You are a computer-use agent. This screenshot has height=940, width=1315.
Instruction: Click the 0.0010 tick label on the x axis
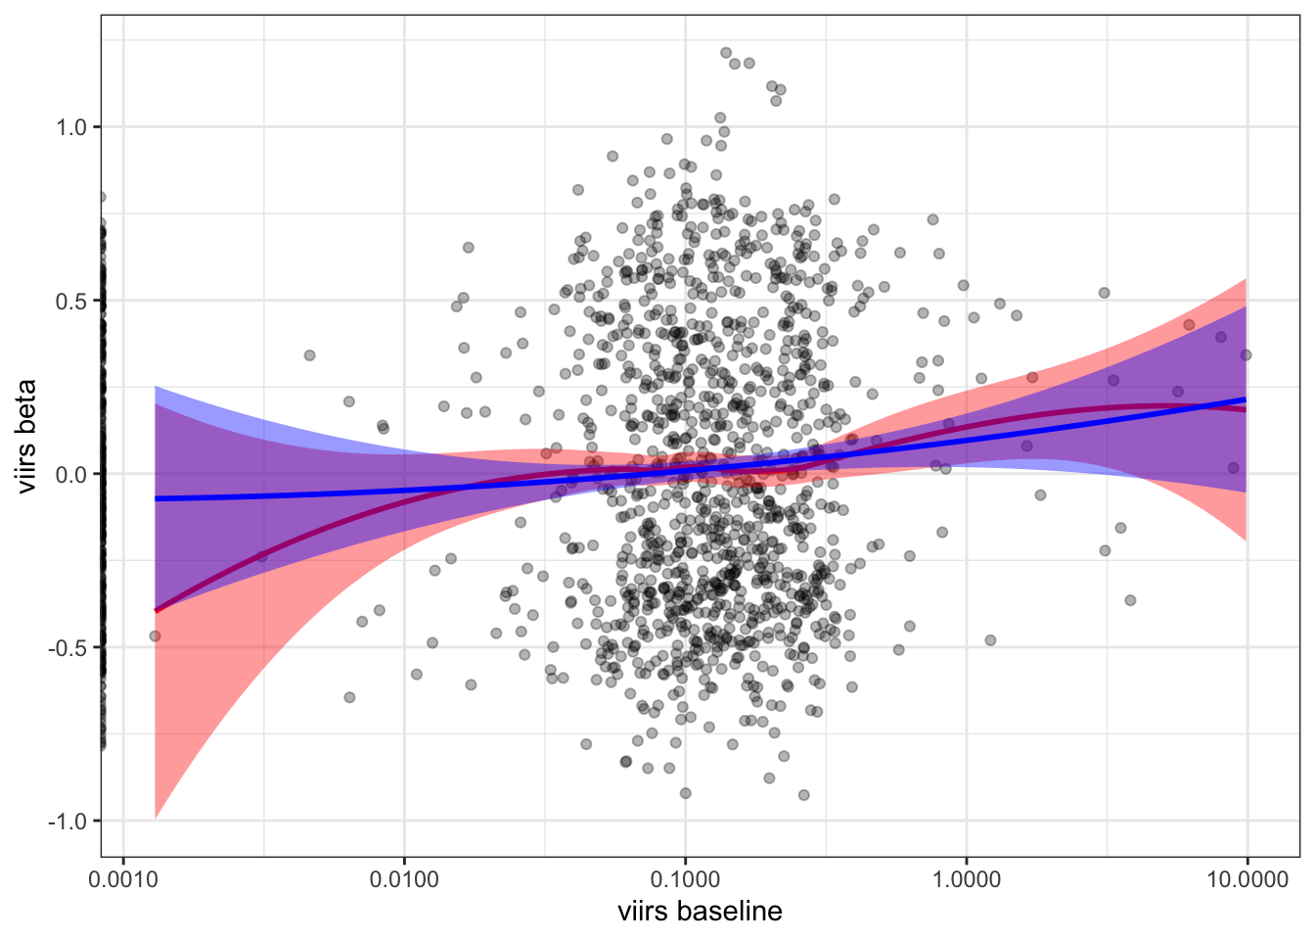tap(122, 878)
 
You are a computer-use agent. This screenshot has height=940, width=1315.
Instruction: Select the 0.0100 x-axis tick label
tap(404, 878)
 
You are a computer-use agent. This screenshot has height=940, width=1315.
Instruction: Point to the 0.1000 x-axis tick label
tap(685, 878)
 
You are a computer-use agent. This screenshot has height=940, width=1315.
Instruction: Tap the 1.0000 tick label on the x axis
tap(967, 878)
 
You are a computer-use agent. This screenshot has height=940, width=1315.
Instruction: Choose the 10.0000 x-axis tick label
tap(1247, 878)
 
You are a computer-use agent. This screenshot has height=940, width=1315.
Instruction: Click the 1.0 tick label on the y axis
tap(73, 127)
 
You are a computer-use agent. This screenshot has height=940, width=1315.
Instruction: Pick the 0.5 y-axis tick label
tap(73, 301)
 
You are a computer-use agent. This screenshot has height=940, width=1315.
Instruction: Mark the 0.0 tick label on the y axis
tap(73, 474)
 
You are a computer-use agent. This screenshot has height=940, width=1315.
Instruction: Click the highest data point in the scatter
tap(726, 53)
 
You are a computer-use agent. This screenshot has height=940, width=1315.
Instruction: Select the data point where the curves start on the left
tap(155, 635)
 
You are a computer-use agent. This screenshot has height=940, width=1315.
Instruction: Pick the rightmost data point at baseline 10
tap(1246, 354)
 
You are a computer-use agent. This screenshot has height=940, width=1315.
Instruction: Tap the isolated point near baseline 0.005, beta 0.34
tap(309, 355)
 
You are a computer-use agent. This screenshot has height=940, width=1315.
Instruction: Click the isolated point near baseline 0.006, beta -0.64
tap(349, 697)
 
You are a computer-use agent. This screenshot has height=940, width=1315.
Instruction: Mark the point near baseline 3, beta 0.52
tap(1104, 293)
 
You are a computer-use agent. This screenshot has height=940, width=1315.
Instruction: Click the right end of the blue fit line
tap(1246, 399)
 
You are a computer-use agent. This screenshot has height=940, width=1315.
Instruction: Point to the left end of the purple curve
tap(156, 611)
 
